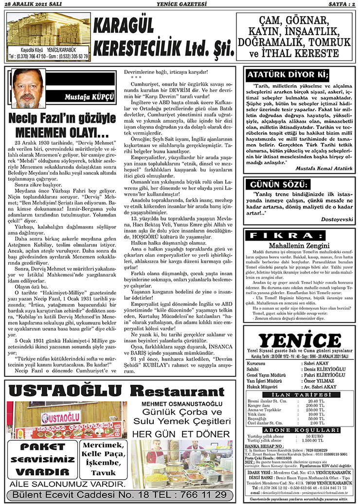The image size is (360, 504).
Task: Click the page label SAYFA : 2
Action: tap(339, 4)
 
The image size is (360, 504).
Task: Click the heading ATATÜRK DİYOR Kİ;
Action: tap(288, 75)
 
